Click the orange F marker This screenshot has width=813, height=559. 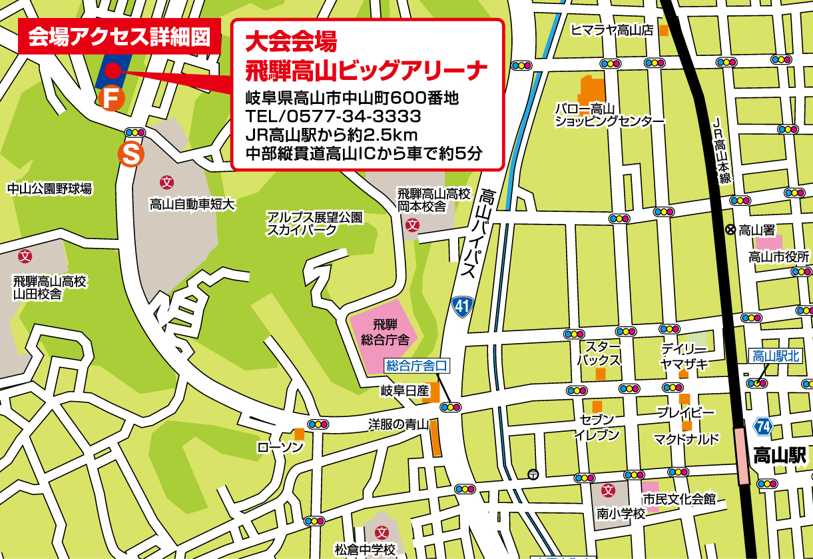[x=111, y=99]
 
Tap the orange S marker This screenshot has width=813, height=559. [x=131, y=154]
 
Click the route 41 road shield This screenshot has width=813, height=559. [x=460, y=306]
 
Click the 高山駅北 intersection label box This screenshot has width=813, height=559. [x=774, y=356]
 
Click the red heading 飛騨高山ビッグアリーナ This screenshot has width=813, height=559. [x=366, y=69]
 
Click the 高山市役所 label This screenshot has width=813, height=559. [x=778, y=257]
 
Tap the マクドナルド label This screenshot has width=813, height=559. [x=686, y=438]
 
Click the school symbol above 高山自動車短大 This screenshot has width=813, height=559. [x=166, y=181]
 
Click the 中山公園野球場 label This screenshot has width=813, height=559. [x=49, y=189]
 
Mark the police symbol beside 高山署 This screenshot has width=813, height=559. [x=730, y=230]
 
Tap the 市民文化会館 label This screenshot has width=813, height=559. [x=678, y=498]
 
